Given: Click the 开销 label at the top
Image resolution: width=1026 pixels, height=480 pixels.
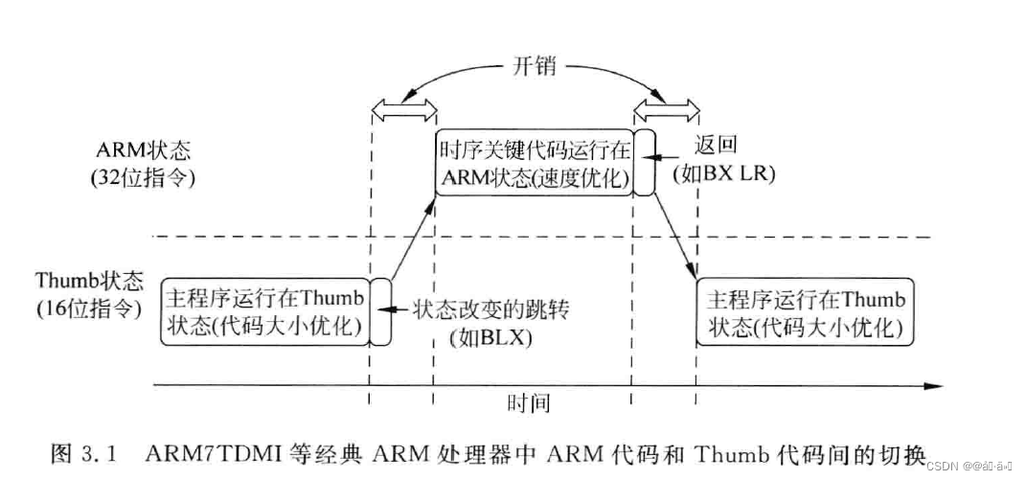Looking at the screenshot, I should (532, 69).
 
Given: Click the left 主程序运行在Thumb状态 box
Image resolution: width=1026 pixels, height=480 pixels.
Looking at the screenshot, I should (264, 311).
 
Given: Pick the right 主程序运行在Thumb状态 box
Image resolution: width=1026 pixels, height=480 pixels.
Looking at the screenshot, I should (806, 311).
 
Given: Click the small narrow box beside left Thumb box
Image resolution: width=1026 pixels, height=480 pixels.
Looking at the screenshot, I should (380, 311).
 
